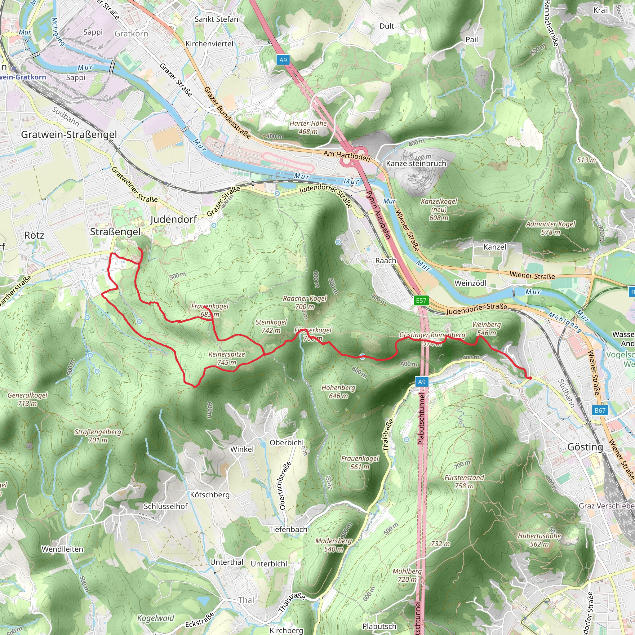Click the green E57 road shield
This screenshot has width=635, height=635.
point(421,300)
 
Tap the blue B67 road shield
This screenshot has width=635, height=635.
point(600,410)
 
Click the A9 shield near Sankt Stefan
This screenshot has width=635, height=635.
point(283,60)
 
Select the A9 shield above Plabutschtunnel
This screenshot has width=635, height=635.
point(421,382)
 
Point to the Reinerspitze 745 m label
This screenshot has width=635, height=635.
point(227,358)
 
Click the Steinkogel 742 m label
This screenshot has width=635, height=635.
point(271,326)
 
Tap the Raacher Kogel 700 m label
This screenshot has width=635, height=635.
point(305,302)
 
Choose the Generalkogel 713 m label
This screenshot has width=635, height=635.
point(28,399)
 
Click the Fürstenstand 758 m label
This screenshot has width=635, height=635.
point(464,482)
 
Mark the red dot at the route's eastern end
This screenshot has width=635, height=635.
point(530,378)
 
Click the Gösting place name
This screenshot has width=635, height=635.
point(585,447)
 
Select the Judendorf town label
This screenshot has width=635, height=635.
point(174,219)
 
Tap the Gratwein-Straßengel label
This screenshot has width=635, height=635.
point(69,135)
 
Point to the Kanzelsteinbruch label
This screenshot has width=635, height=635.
point(416,163)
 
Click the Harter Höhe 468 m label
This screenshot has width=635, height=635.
point(308,127)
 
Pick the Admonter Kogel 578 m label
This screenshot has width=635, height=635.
point(551,228)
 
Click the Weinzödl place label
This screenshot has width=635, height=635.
point(470,283)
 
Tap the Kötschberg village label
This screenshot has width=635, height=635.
point(210,495)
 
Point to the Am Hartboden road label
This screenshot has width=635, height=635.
point(347,155)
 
